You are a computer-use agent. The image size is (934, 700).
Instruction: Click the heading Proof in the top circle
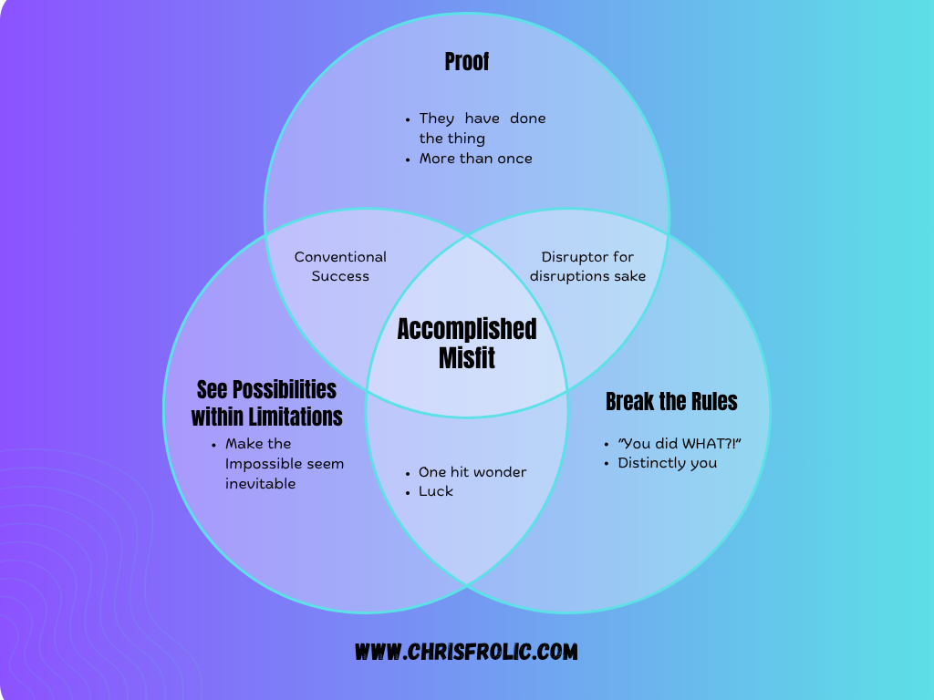pyautogui.click(x=467, y=62)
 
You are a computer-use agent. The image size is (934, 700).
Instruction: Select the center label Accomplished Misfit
pyautogui.click(x=467, y=343)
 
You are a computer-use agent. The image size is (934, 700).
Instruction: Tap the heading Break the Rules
pyautogui.click(x=671, y=401)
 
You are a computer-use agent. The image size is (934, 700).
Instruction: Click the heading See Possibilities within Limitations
pyautogui.click(x=266, y=403)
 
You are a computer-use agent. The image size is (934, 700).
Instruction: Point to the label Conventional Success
pyautogui.click(x=340, y=266)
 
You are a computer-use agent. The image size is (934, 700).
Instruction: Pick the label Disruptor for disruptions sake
pyautogui.click(x=587, y=266)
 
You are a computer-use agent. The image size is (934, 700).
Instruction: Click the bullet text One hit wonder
pyautogui.click(x=472, y=472)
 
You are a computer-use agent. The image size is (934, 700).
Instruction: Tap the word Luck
pyautogui.click(x=436, y=491)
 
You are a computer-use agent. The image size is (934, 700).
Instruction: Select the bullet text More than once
pyautogui.click(x=475, y=159)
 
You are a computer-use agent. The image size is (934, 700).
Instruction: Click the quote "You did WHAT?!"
pyautogui.click(x=679, y=443)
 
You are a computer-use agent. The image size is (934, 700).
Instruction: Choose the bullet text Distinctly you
pyautogui.click(x=667, y=463)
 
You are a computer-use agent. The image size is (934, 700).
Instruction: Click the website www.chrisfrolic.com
pyautogui.click(x=466, y=652)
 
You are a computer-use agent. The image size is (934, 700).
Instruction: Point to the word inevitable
pyautogui.click(x=261, y=484)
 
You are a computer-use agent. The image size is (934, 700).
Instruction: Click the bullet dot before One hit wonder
pyautogui.click(x=408, y=473)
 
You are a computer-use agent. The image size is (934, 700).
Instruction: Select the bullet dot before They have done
pyautogui.click(x=408, y=119)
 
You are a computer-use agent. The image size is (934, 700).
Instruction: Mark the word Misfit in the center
pyautogui.click(x=467, y=358)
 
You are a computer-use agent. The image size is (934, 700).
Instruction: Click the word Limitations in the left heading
pyautogui.click(x=297, y=417)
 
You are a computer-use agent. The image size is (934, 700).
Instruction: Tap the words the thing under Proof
pyautogui.click(x=451, y=139)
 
